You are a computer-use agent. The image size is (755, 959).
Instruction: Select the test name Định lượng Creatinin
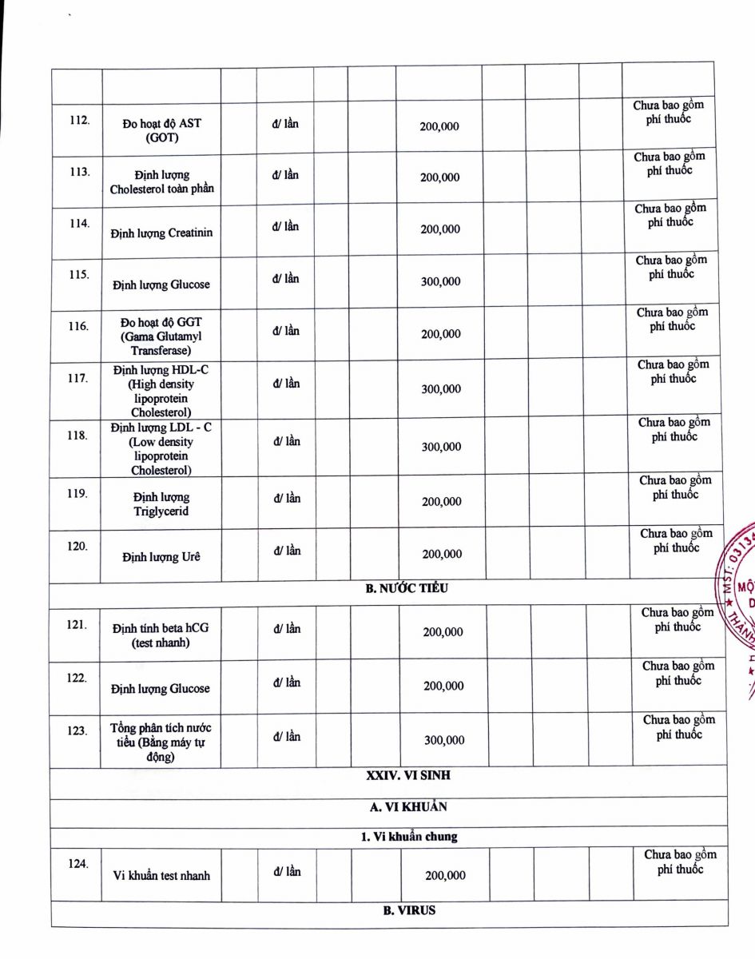point(162,233)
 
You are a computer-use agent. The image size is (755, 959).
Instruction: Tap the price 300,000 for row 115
point(441,281)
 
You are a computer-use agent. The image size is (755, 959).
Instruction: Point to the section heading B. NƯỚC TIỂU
point(407,588)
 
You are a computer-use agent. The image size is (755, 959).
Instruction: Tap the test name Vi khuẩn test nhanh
point(162,875)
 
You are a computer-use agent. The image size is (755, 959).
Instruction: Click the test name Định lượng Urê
point(161,557)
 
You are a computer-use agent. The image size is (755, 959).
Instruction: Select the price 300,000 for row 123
point(444,740)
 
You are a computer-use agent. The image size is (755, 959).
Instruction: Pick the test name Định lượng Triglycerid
point(161,504)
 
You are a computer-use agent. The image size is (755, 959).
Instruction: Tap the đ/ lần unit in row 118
point(287,441)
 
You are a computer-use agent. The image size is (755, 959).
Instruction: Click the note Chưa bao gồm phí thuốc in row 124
point(680,862)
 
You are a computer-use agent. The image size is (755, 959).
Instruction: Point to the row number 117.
point(77,378)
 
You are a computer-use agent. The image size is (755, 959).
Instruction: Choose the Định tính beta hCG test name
point(161,635)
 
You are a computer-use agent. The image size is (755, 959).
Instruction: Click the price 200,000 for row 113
point(440,177)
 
